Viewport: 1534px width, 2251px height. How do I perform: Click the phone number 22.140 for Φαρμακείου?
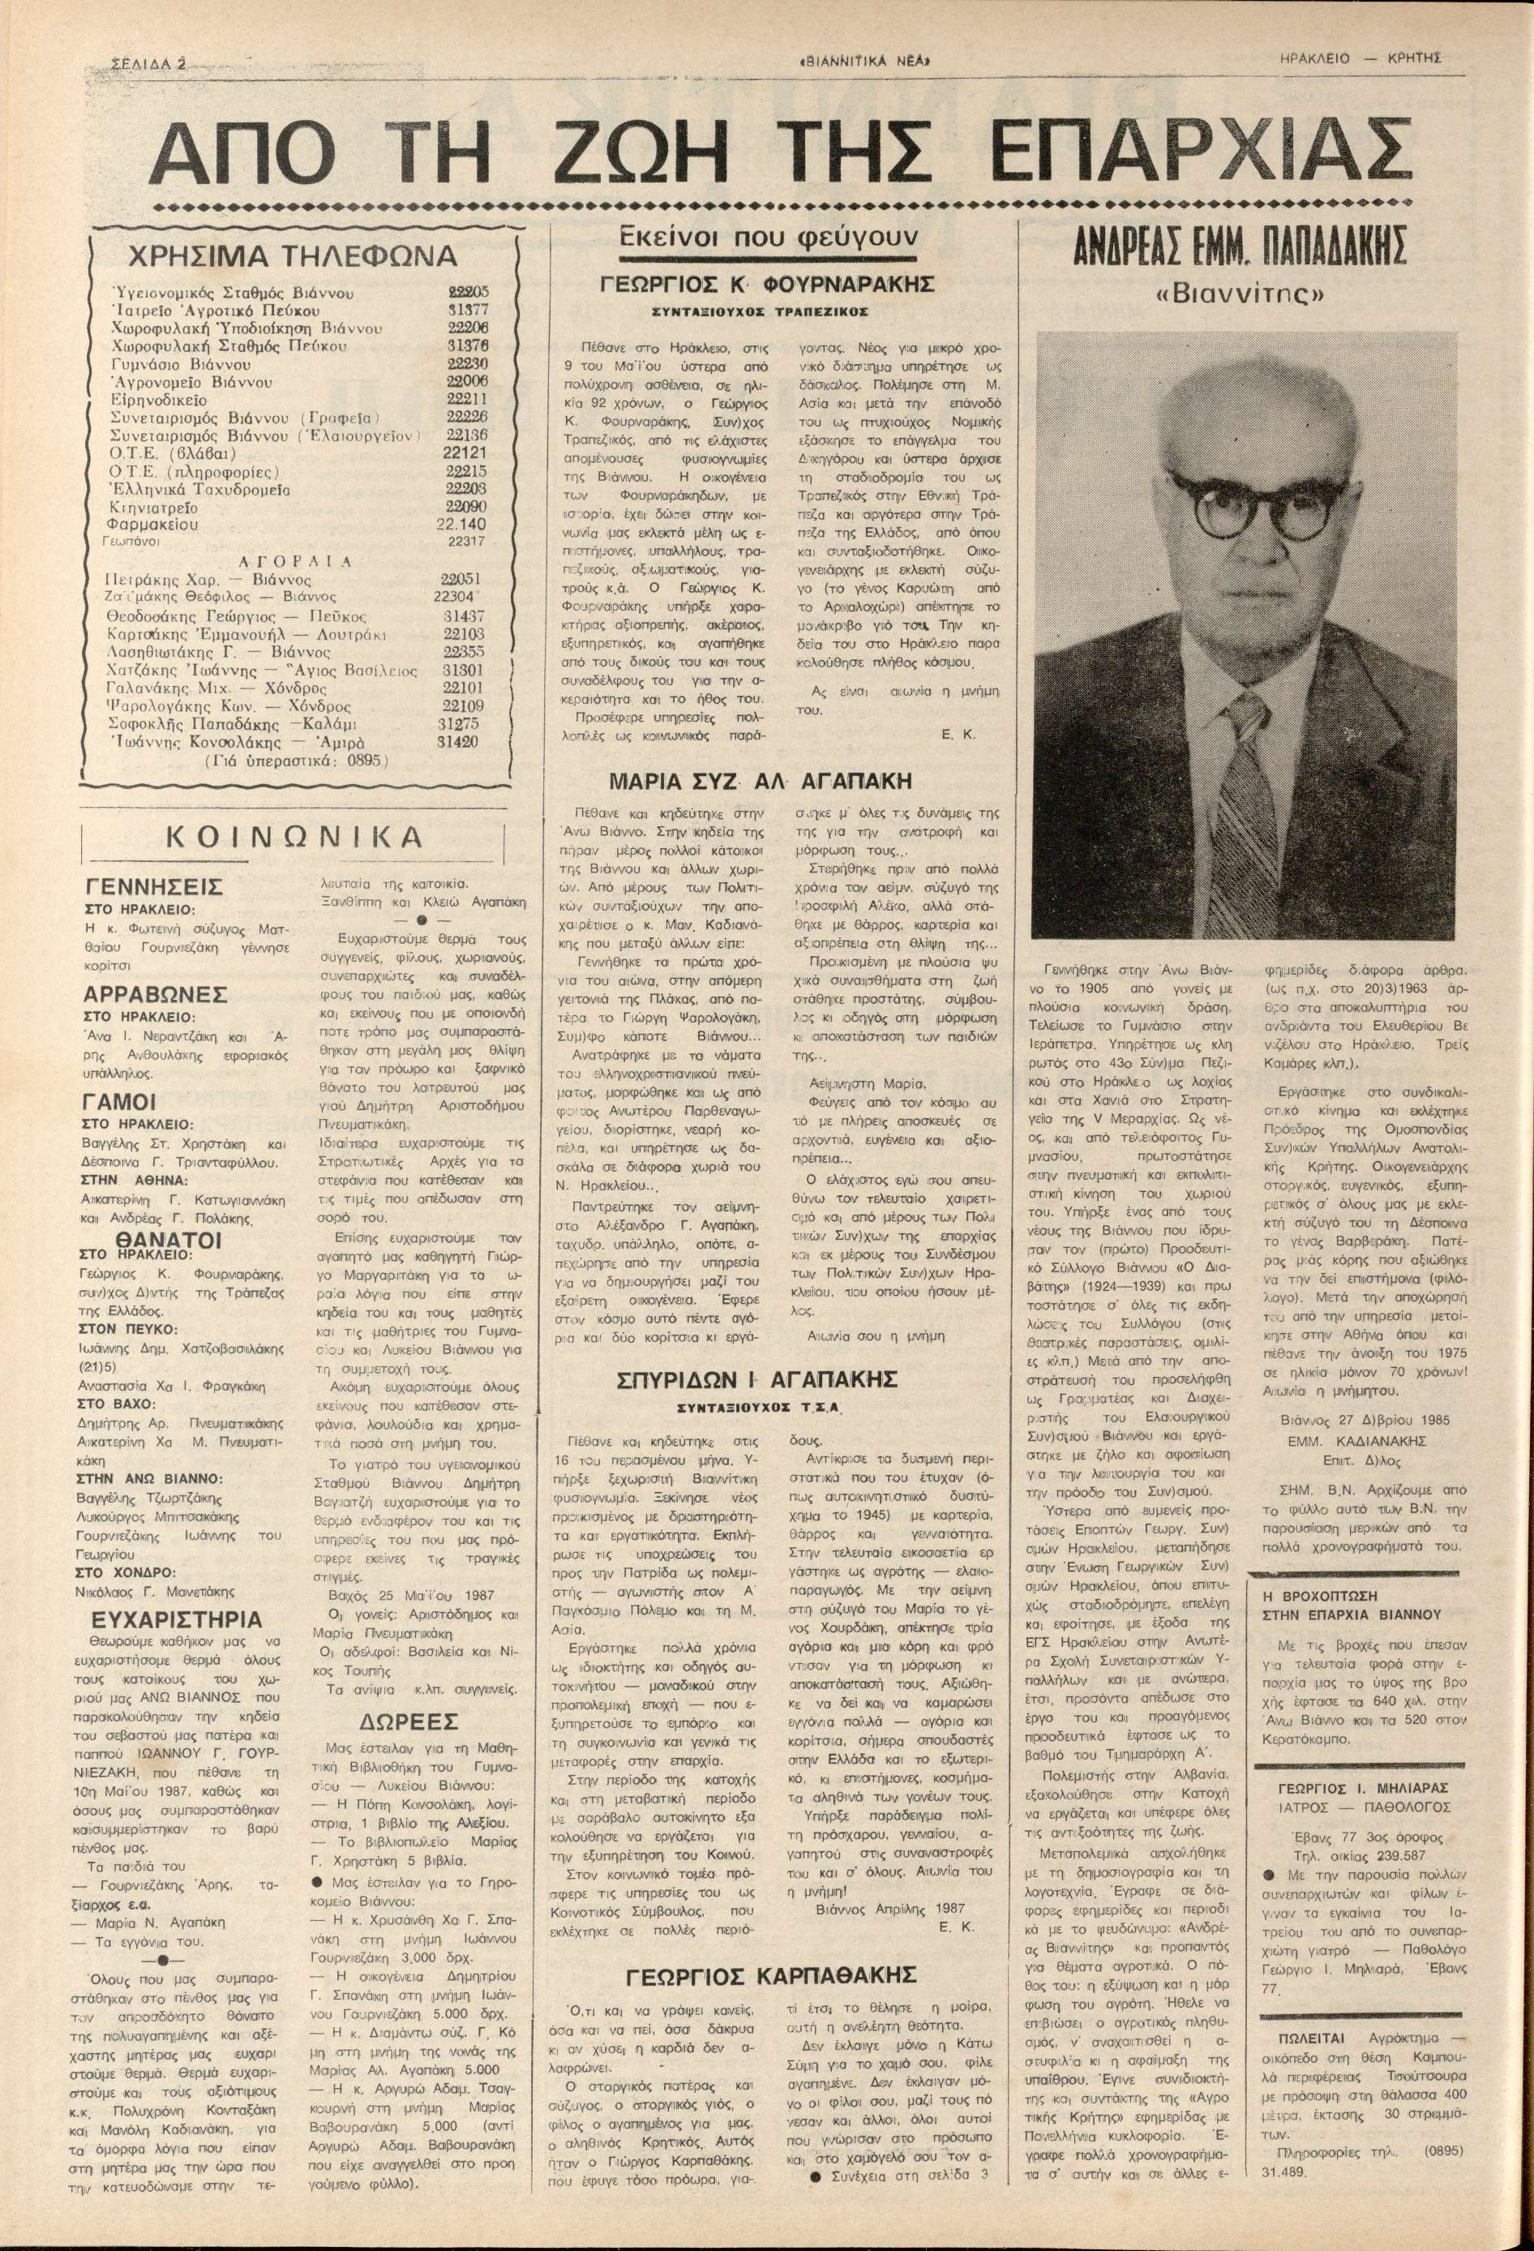pyautogui.click(x=461, y=524)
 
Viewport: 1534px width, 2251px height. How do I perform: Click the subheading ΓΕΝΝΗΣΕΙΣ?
pyautogui.click(x=155, y=887)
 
